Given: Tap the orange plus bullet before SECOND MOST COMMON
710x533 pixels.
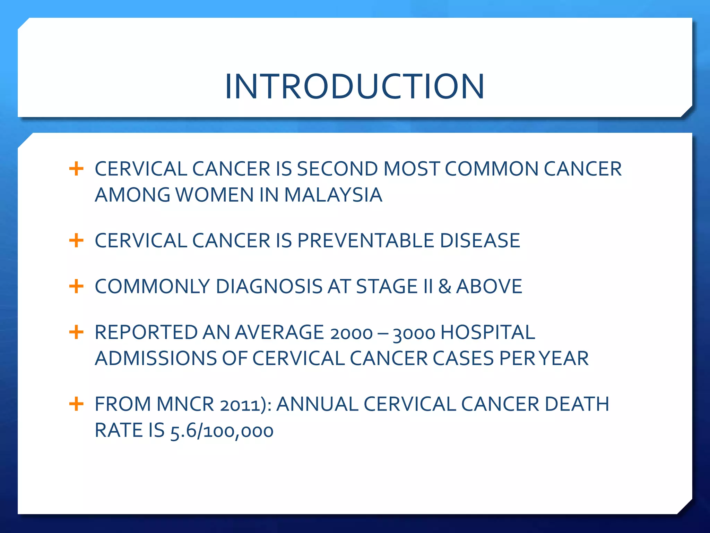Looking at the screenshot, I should point(76,169).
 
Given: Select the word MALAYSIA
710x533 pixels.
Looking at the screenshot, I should point(333,195).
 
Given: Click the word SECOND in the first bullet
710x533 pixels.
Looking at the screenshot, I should point(337,169).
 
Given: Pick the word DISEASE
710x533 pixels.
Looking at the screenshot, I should point(480,240).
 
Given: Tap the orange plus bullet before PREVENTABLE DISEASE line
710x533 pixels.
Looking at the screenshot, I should point(76,240).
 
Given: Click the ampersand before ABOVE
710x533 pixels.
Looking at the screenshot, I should point(444,286).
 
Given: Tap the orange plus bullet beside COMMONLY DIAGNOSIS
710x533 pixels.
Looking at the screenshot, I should point(76,286).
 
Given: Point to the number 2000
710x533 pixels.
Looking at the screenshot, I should point(351,333).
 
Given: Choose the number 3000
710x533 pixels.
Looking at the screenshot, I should point(414,333).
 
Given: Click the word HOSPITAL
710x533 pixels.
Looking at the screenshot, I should point(488,332).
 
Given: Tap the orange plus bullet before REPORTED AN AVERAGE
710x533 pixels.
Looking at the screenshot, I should point(76,332).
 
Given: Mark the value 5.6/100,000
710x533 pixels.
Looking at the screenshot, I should point(222,431).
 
